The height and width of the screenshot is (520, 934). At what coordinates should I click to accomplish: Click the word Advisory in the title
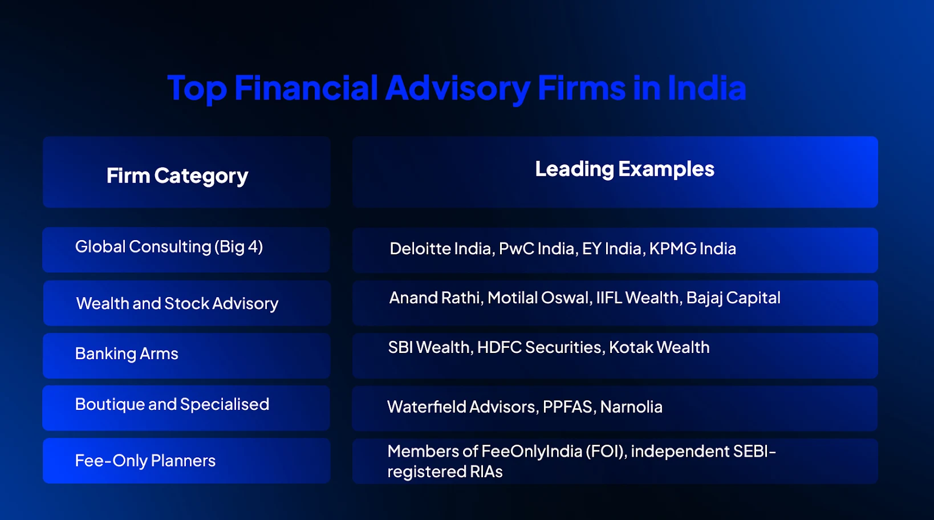(x=457, y=89)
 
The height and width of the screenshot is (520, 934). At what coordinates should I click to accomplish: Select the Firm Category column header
(x=177, y=176)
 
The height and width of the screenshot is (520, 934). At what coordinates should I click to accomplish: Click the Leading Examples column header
(x=624, y=169)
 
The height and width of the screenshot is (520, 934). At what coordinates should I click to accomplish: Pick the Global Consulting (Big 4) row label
(x=169, y=247)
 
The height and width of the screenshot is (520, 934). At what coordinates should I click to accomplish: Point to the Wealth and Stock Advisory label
(x=177, y=303)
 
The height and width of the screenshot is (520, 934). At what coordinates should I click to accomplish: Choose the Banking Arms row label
(x=127, y=354)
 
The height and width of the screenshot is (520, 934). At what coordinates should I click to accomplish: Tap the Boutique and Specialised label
(x=172, y=404)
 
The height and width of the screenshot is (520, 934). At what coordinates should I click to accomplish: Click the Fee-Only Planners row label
(x=145, y=461)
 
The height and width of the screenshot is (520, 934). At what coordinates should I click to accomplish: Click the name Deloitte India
(x=441, y=249)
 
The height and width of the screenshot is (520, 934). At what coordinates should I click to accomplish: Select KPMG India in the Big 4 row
(x=692, y=249)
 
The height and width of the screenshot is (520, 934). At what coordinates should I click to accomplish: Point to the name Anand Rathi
(x=435, y=298)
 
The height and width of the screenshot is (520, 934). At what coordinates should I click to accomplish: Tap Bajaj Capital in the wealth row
(x=733, y=298)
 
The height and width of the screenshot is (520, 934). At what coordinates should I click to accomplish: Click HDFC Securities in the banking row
(x=540, y=347)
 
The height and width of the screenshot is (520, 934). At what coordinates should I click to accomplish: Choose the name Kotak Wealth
(x=659, y=347)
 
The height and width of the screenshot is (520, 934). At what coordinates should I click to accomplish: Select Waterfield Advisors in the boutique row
(x=461, y=407)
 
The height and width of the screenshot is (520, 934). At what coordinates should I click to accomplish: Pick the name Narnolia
(x=631, y=407)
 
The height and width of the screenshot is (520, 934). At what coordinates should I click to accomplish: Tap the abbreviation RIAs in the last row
(x=486, y=472)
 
